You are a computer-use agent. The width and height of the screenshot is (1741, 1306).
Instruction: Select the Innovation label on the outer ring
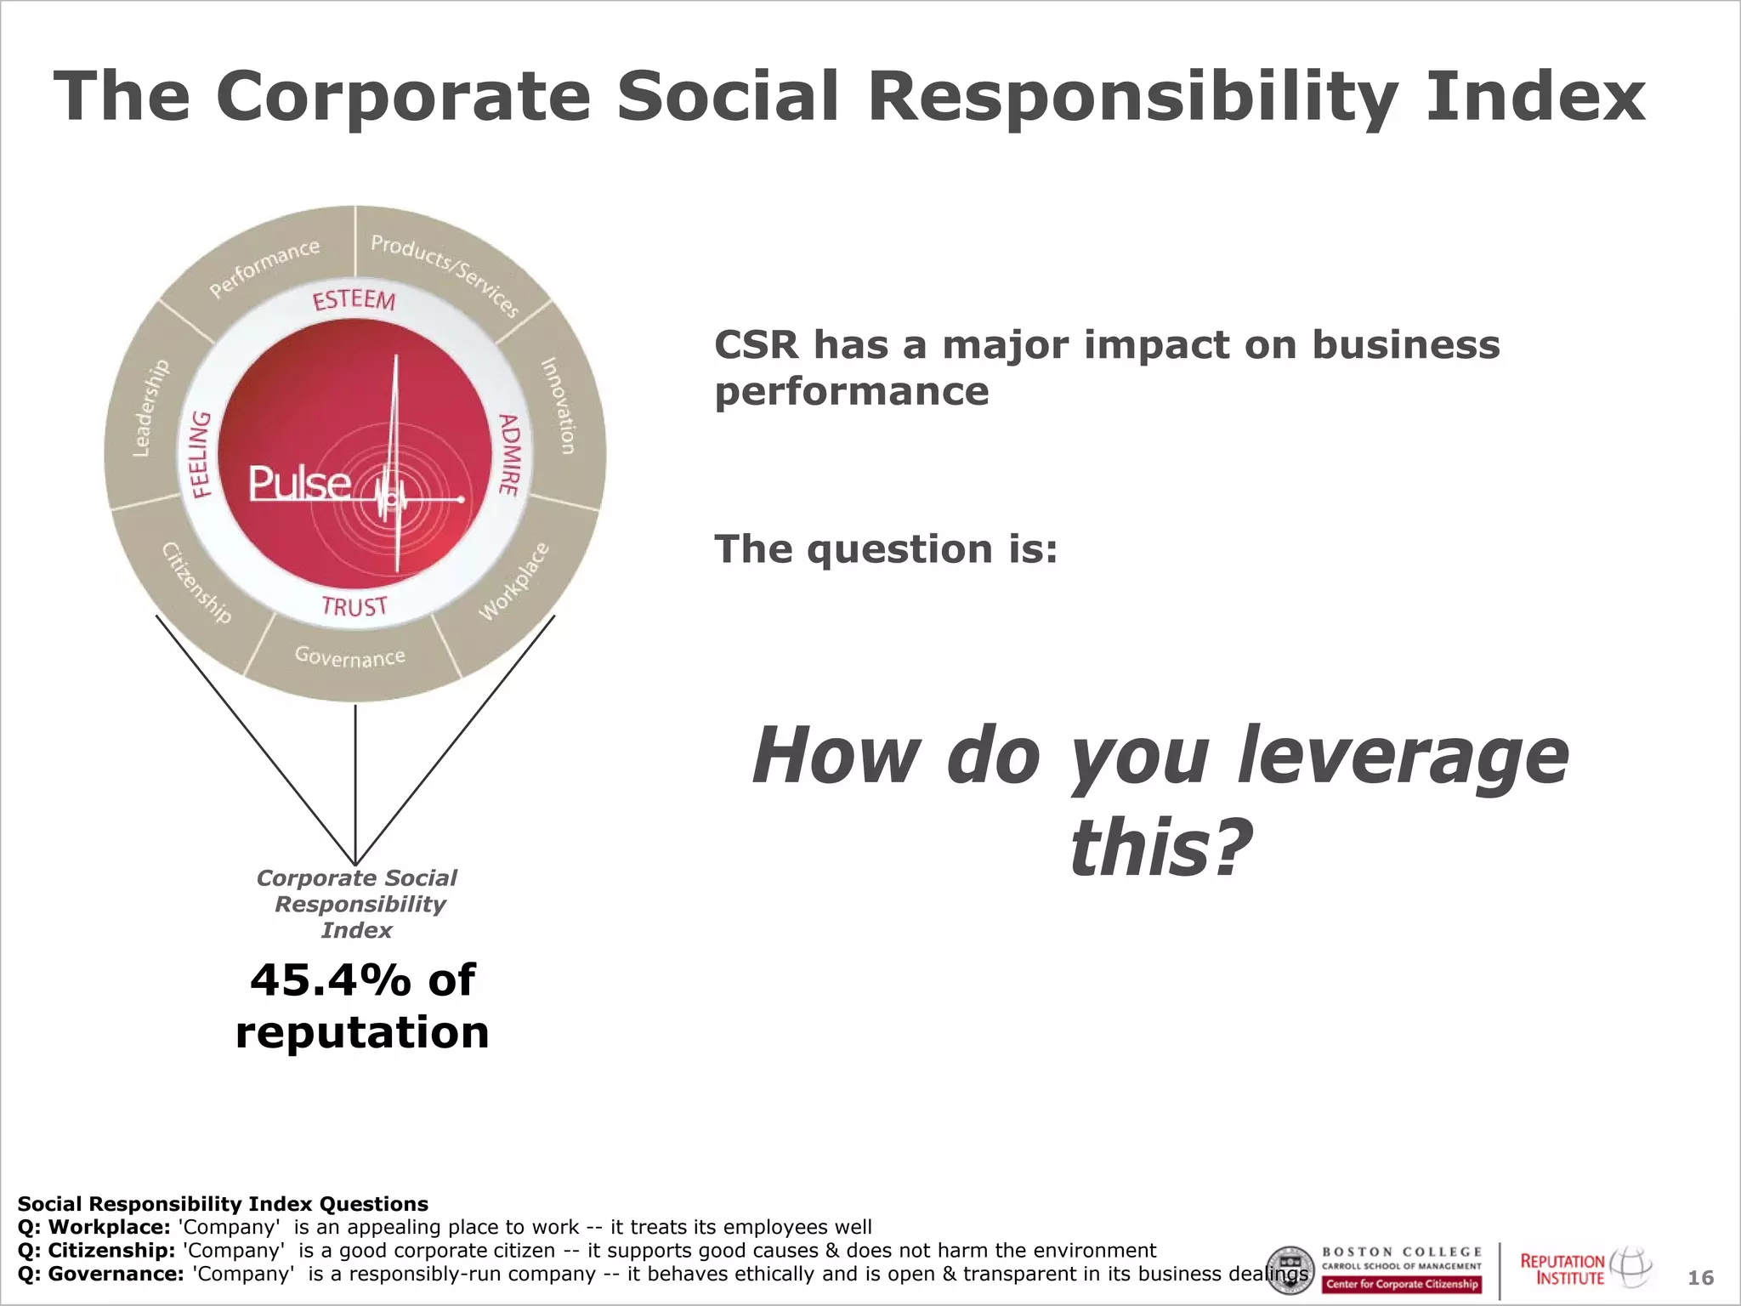coord(558,406)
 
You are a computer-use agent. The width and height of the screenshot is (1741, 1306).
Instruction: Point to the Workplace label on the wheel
coord(513,582)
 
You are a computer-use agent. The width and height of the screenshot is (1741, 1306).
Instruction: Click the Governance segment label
coord(349,656)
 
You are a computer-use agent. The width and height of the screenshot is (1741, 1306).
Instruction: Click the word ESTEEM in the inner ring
coord(354,300)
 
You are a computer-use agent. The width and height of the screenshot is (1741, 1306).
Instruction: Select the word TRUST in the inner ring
coord(354,606)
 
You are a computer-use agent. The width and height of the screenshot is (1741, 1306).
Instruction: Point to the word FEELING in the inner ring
coord(200,454)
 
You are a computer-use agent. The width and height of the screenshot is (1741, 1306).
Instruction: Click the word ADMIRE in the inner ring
coord(508,454)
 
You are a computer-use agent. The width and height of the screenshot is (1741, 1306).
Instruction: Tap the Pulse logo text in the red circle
coord(299,484)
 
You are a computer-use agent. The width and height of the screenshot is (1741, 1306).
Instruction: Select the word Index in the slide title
coord(1535,96)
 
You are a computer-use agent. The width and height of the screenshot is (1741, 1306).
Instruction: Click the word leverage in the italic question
coord(1402,757)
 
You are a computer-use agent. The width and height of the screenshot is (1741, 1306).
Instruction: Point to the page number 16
coord(1700,1277)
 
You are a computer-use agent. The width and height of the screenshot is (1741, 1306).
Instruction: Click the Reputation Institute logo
coord(1585,1268)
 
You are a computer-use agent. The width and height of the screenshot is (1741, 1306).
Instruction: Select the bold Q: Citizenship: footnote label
coord(96,1251)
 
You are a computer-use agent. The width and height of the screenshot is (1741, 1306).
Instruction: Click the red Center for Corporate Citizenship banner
coord(1402,1284)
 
